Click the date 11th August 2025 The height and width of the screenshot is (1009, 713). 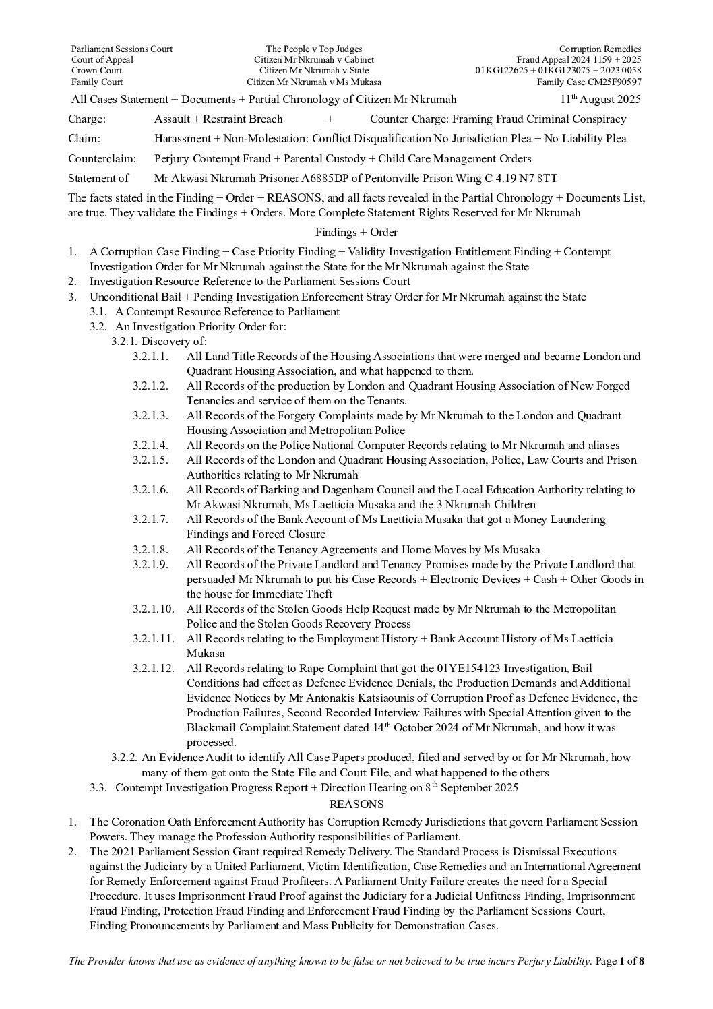[600, 100]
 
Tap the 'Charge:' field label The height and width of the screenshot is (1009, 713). [87, 119]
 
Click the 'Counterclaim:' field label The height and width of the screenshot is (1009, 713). [102, 159]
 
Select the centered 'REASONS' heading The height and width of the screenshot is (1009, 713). [356, 804]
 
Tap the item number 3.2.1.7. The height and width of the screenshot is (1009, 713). [150, 520]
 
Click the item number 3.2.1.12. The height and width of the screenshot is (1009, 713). [153, 669]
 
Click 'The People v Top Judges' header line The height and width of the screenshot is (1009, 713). [314, 49]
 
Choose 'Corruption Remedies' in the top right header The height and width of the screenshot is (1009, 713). [600, 49]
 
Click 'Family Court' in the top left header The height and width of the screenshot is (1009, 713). [97, 82]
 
